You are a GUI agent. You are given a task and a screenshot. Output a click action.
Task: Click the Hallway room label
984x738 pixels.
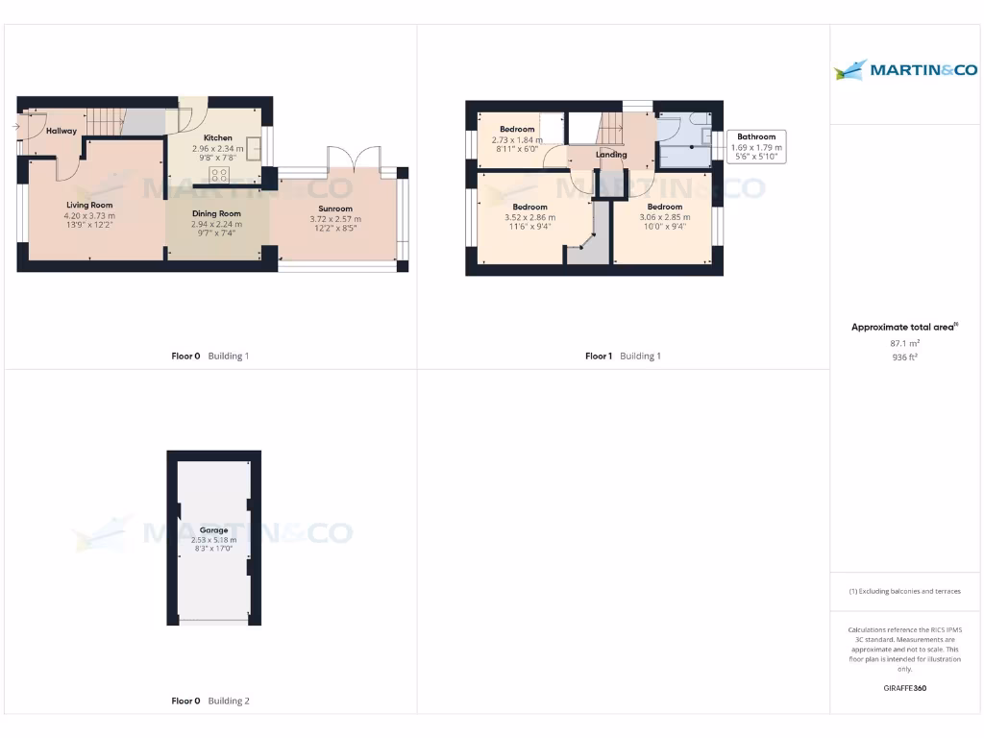61,131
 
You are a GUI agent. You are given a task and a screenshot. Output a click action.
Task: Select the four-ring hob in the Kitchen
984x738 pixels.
219,175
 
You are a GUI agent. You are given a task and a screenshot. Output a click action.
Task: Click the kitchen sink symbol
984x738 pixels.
254,149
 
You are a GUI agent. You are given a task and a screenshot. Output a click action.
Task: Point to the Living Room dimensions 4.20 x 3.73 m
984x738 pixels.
89,216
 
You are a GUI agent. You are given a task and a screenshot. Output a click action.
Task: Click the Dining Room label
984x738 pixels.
217,213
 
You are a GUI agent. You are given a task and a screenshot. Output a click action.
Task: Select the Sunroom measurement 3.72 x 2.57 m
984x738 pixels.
335,219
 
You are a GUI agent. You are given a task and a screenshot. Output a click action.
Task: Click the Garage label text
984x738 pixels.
213,530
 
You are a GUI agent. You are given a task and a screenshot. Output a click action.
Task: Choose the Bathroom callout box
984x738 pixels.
756,146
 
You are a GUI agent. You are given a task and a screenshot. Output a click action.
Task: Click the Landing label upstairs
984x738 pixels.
611,155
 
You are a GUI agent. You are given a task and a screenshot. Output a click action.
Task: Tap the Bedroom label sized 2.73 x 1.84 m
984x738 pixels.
517,130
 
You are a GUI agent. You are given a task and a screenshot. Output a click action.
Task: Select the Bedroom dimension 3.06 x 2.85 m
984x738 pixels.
664,217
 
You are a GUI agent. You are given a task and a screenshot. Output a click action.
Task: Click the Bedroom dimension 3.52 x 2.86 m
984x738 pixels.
529,217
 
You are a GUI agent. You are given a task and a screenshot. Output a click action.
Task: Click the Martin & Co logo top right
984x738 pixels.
906,69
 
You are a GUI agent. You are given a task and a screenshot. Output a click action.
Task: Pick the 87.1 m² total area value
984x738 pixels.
905,343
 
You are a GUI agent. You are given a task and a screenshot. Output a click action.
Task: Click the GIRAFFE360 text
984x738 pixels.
905,688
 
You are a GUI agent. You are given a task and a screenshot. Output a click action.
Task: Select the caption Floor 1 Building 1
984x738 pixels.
623,357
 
